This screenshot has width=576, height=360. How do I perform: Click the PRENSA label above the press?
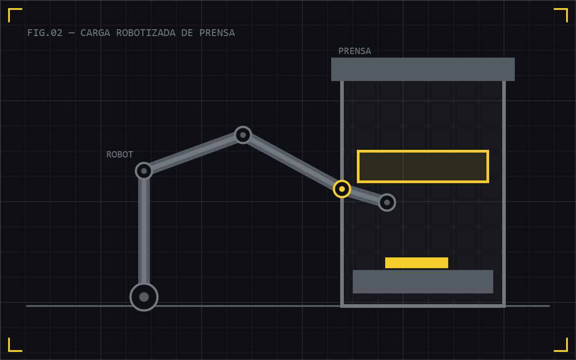[x=355, y=51]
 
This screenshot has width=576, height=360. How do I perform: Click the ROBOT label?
[x=120, y=154]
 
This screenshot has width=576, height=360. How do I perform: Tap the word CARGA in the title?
[x=95, y=33]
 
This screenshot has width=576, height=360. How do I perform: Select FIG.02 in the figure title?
[x=45, y=33]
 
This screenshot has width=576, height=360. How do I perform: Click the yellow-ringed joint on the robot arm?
[x=342, y=189]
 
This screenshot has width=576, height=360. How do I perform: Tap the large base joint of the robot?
[x=144, y=297]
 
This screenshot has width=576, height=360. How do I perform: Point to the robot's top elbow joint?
[x=243, y=135]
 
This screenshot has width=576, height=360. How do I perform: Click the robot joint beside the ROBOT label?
[x=144, y=171]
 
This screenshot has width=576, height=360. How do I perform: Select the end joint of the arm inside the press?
[x=387, y=202]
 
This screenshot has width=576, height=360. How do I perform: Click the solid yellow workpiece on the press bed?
[x=417, y=263]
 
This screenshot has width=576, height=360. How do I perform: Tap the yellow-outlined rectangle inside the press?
[x=423, y=151]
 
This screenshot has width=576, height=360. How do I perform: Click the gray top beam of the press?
[x=423, y=69]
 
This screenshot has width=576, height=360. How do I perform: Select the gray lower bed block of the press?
[x=423, y=282]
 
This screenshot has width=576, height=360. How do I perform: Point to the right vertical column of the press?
[x=504, y=193]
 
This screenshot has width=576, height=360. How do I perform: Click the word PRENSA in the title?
[x=217, y=33]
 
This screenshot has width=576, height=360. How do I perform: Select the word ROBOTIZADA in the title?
[x=146, y=33]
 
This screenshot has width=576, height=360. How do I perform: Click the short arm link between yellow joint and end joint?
[x=364, y=196]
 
